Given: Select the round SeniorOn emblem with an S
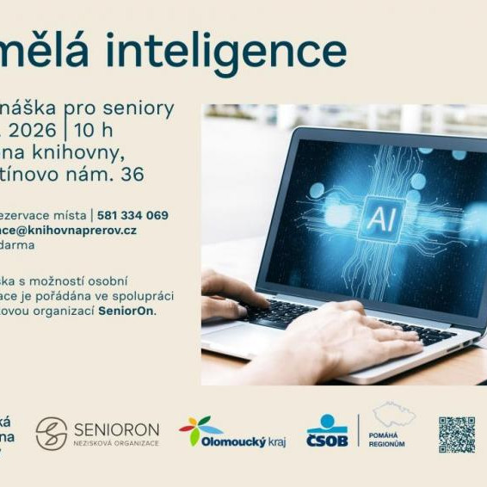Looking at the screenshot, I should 52,434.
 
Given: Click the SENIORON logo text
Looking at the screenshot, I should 116,428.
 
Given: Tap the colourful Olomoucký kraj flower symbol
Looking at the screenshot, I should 195,428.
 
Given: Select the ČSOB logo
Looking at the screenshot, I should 327,431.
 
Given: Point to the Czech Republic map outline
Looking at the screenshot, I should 393,415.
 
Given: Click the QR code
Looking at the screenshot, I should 456,435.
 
